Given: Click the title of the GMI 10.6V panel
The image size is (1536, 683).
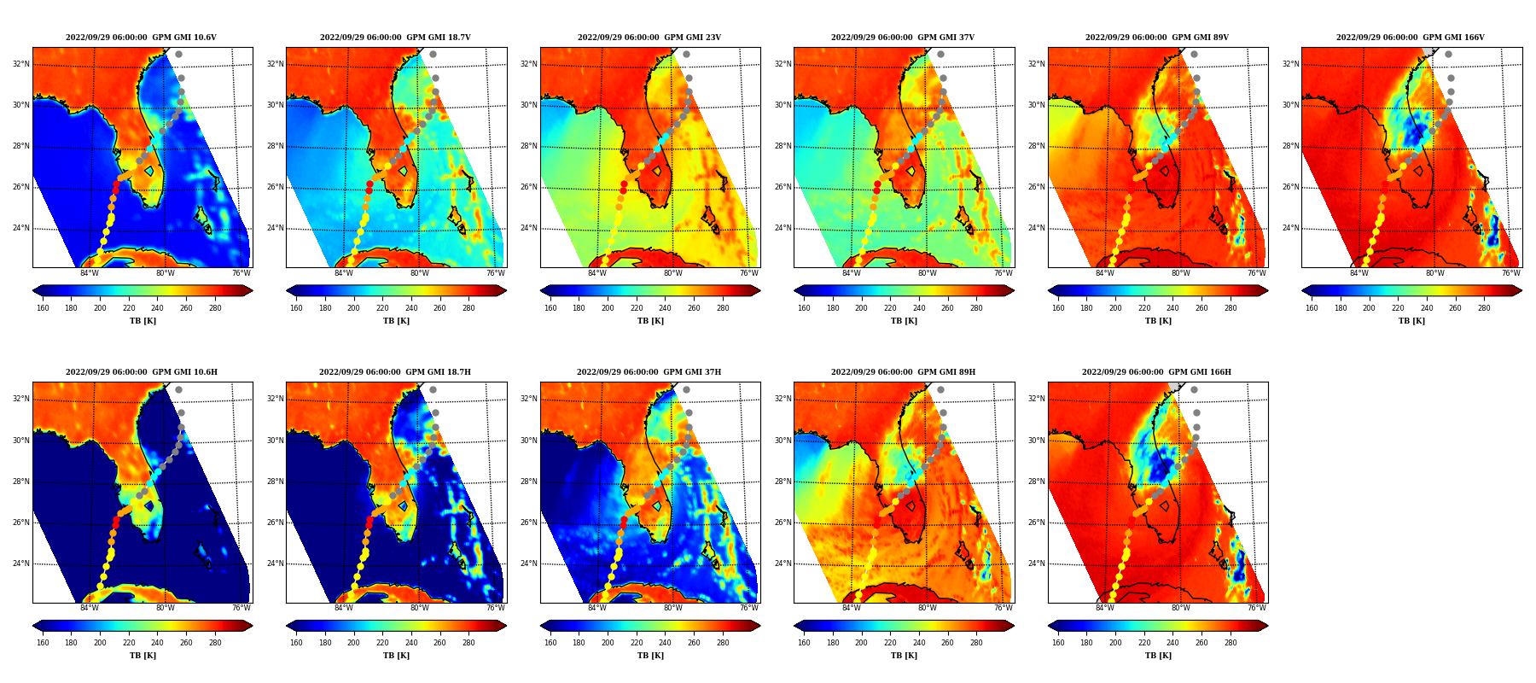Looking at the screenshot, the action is pos(141,38).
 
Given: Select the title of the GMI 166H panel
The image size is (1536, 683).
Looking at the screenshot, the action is pos(1156,372).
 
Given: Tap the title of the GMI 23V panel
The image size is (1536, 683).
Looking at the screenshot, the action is pos(649,38).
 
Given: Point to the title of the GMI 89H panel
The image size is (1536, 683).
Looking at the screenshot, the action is pos(903,372).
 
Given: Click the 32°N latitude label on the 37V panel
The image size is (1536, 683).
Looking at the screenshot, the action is pos(783,64).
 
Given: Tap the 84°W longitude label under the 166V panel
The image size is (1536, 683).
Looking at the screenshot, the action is pos(1359,273).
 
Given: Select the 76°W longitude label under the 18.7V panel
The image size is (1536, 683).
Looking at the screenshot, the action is pos(496,273).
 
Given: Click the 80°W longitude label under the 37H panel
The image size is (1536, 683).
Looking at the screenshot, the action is pos(673,608).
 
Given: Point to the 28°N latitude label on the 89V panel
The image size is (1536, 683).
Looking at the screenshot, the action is pos(1038,146).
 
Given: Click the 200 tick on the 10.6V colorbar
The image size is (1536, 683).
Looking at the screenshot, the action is pos(100,308).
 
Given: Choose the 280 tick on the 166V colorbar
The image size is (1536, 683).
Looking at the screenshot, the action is pos(1484,308).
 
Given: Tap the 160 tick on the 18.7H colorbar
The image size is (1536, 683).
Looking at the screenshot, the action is pos(296,643).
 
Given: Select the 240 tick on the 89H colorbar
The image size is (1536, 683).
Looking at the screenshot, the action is pos(919,643).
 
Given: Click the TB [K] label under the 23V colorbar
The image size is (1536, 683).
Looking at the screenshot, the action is pos(650,321).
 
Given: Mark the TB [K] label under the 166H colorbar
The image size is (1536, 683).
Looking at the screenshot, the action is pos(1158,656).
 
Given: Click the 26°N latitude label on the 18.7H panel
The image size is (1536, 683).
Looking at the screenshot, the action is pos(275,522).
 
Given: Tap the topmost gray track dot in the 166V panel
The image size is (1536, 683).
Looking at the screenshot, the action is pos(1448,55).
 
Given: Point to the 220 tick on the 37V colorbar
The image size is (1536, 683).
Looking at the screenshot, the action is pos(890,308).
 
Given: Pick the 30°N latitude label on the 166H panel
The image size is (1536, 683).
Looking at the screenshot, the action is pos(1038,441).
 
